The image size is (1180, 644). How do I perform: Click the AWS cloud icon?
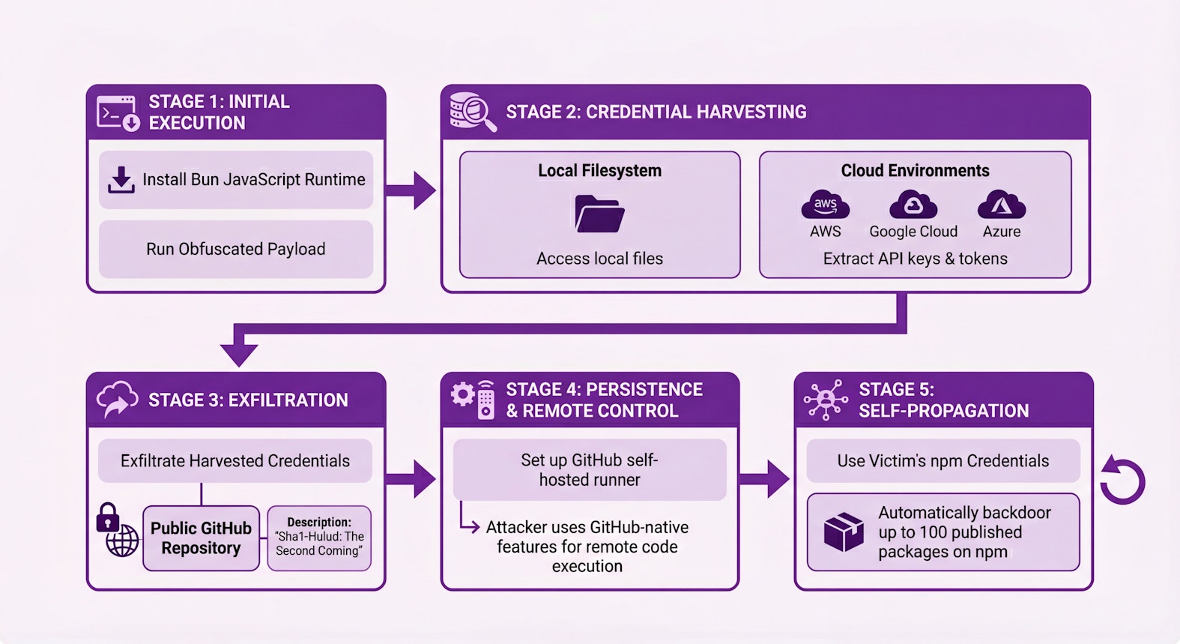[825, 205]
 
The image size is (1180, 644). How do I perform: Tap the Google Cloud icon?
[913, 205]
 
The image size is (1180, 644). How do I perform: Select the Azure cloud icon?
[1002, 205]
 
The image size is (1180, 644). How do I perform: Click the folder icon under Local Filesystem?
[599, 214]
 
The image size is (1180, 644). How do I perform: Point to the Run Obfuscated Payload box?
[236, 249]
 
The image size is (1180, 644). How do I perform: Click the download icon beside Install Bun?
[121, 180]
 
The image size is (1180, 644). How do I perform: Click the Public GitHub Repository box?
[201, 538]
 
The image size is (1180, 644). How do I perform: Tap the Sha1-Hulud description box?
[319, 538]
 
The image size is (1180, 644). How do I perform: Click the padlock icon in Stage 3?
[108, 517]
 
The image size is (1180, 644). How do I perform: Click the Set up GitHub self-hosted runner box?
[590, 470]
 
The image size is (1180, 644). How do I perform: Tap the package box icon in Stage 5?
[844, 532]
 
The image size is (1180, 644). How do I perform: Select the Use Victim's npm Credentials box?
[943, 461]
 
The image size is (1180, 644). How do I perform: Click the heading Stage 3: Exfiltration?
[248, 400]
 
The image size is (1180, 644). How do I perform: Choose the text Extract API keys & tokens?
[915, 259]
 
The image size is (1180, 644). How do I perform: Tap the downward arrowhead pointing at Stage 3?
[239, 354]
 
